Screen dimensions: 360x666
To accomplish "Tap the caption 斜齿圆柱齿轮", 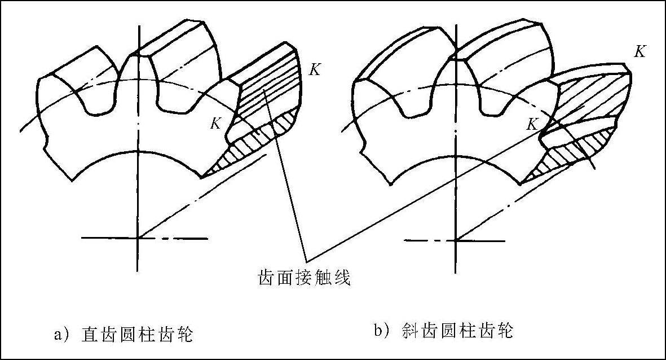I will (458, 331).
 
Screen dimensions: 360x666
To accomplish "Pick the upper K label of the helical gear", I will (639, 52).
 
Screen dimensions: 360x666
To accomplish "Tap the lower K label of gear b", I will (532, 124).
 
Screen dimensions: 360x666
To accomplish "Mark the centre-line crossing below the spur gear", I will (138, 238).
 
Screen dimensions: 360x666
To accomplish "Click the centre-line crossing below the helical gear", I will (456, 240).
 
